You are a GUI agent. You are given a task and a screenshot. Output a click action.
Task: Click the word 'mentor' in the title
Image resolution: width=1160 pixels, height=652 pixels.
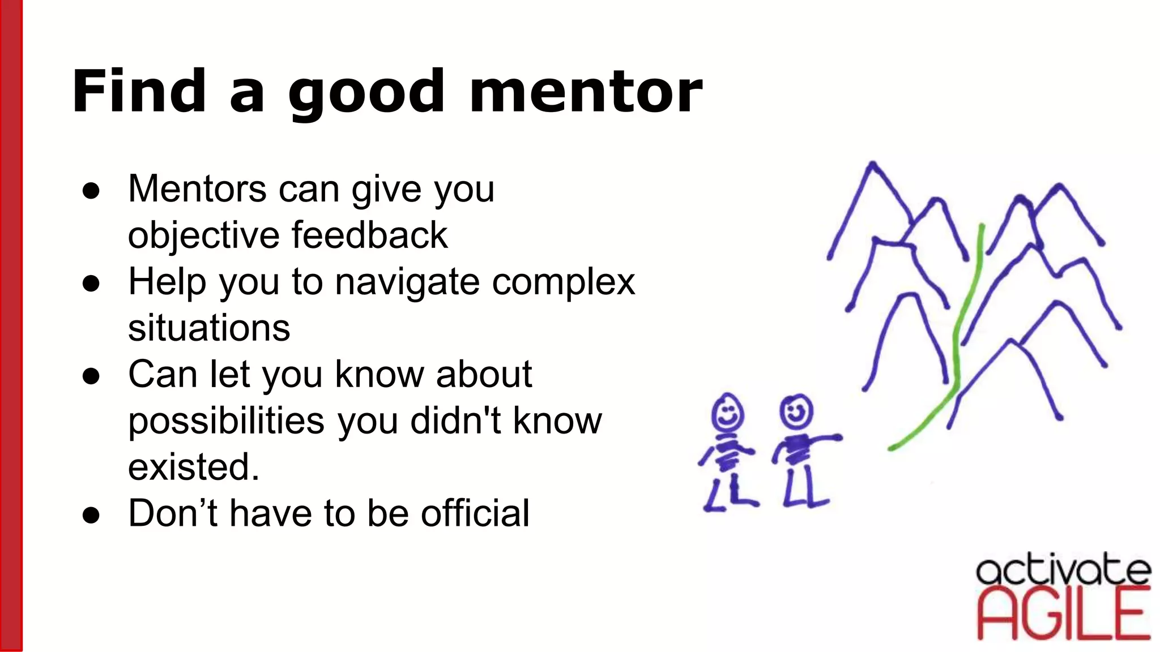click(586, 92)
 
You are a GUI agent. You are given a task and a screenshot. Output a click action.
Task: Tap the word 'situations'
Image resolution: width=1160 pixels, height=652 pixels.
click(209, 328)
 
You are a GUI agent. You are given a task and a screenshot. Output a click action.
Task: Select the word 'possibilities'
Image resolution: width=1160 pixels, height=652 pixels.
click(227, 422)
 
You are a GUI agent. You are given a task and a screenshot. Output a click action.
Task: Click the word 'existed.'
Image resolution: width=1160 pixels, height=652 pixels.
click(194, 467)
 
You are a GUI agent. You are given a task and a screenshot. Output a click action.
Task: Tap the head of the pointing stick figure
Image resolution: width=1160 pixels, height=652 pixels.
click(796, 411)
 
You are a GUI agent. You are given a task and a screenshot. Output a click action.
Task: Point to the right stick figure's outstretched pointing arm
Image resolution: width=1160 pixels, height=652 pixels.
click(822, 439)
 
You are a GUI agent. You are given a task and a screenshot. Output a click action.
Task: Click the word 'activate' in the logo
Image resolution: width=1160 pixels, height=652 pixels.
click(1063, 570)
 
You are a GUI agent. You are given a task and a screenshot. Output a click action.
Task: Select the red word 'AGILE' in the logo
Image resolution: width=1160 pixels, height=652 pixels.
click(1064, 615)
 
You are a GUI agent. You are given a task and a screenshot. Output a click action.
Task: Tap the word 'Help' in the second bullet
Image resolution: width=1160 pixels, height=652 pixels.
click(167, 282)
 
